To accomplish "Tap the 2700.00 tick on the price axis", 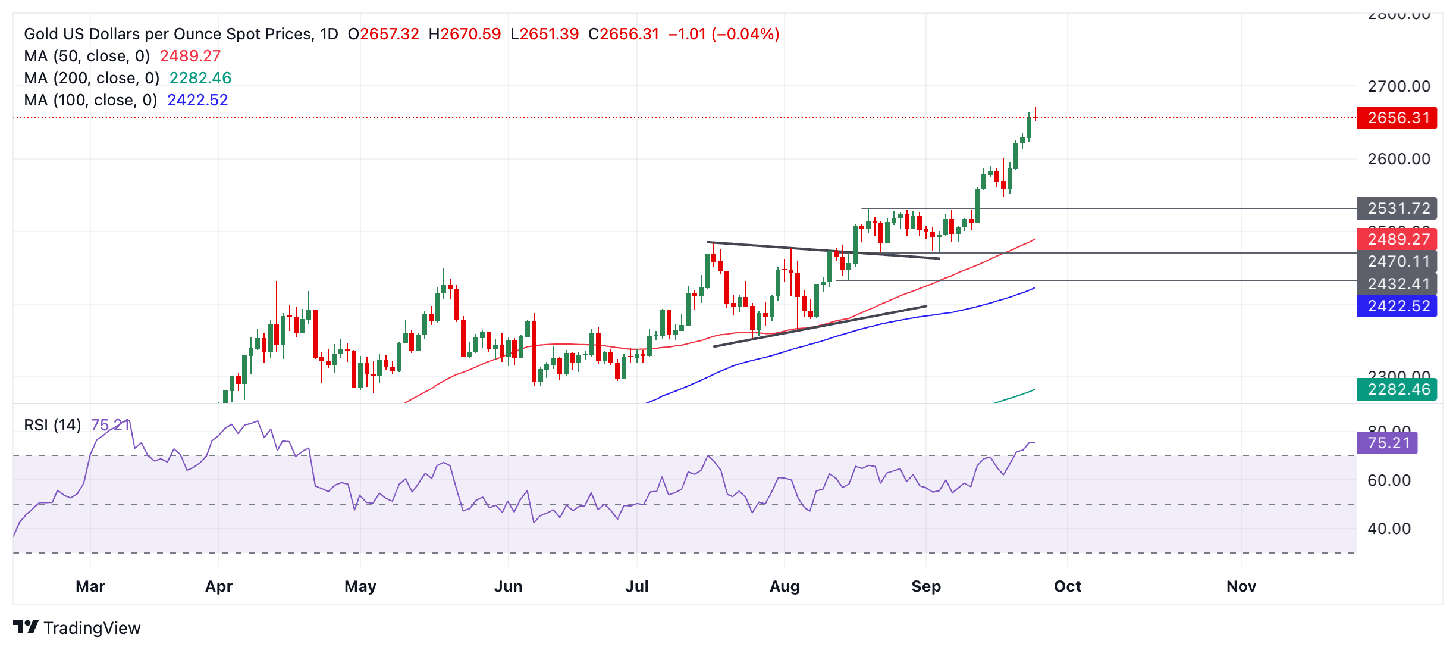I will click(1399, 86).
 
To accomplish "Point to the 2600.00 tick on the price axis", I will click(1399, 159).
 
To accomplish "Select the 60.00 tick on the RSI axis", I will click(1389, 480).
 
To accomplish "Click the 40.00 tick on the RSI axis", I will click(1389, 529).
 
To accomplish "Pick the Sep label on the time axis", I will click(925, 586).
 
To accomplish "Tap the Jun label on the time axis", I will click(508, 586).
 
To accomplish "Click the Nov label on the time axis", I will click(1241, 586).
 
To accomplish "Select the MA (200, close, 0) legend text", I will click(92, 78).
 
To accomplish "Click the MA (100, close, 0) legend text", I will click(90, 100).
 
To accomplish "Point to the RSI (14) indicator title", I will click(52, 425).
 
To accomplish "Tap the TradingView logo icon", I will click(26, 627).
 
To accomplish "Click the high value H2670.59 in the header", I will click(465, 34).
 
